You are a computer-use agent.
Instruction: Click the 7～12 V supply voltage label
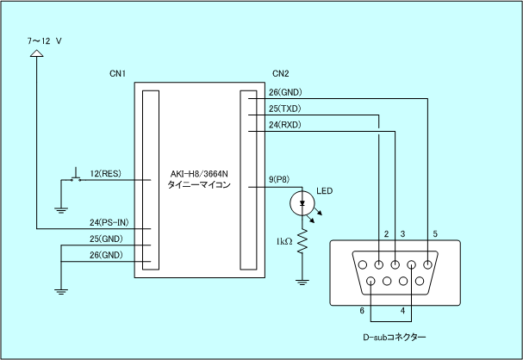(x=44, y=41)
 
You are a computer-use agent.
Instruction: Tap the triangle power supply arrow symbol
(x=37, y=53)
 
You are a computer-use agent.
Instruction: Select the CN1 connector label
(x=117, y=73)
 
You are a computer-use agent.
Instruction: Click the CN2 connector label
(x=281, y=73)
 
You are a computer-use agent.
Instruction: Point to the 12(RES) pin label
(x=105, y=173)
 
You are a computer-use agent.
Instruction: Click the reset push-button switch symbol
(x=77, y=176)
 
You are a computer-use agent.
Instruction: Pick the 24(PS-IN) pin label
(x=109, y=222)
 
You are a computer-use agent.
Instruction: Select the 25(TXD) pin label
(x=285, y=109)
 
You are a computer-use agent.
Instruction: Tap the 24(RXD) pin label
(x=285, y=125)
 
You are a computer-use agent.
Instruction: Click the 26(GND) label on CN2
(x=285, y=92)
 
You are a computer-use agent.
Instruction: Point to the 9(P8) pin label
(x=279, y=179)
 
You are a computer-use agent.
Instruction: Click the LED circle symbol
(x=302, y=203)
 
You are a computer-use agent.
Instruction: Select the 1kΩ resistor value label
(x=284, y=241)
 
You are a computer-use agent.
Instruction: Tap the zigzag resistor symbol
(x=302, y=241)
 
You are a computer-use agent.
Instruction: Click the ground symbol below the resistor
(x=302, y=282)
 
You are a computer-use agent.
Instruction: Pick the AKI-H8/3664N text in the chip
(x=199, y=174)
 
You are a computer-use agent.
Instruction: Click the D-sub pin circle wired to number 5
(x=427, y=264)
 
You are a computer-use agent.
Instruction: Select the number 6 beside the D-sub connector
(x=362, y=311)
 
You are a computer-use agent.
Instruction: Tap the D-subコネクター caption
(x=395, y=337)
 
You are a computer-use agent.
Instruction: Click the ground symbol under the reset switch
(x=61, y=210)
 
